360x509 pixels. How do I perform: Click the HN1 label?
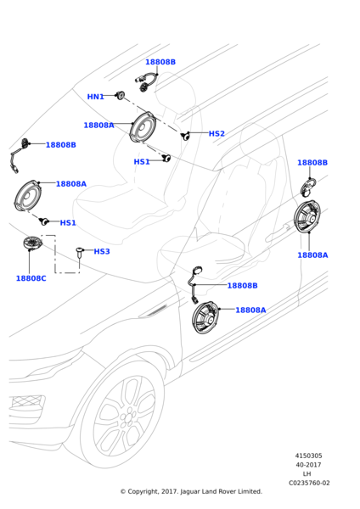[x=96, y=97]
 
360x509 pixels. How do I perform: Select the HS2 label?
[x=217, y=133]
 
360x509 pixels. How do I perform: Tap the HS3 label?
[x=102, y=251]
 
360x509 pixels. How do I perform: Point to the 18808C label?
[x=31, y=278]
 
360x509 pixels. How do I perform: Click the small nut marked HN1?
[x=121, y=95]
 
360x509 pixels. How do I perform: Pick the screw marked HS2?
[x=186, y=136]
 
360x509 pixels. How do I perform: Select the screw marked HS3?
[x=80, y=252]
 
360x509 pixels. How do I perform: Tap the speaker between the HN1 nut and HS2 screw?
[x=143, y=127]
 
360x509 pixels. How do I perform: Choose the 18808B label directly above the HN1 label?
[x=160, y=62]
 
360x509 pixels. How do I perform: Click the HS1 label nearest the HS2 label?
[x=142, y=162]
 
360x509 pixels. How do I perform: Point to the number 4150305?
[x=308, y=456]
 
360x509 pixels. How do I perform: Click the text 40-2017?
[x=308, y=465]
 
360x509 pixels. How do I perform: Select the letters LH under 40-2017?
[x=307, y=474]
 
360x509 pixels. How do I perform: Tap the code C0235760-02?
[x=309, y=483]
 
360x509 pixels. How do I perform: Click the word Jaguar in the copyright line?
[x=189, y=492]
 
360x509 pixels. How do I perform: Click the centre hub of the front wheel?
[x=127, y=417]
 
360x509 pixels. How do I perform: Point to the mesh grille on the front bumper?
[x=27, y=401]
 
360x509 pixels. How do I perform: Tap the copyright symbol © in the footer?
[x=123, y=492]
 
